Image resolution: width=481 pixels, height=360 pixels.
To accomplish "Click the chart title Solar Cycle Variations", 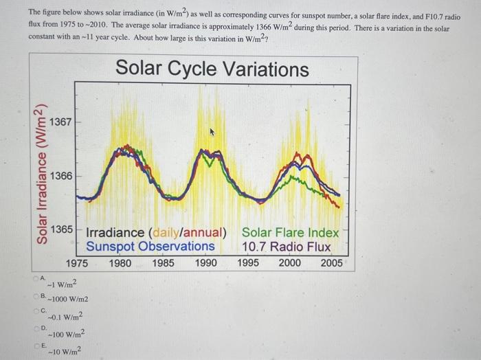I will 212,69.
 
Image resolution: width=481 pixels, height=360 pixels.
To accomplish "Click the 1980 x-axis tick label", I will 121,262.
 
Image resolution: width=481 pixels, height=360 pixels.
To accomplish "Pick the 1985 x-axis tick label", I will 164,262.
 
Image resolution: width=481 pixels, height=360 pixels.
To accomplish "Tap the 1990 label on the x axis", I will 206,262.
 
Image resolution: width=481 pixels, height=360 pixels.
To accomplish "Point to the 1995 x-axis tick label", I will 249,262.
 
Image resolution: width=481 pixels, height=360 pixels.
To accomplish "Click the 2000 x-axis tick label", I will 291,262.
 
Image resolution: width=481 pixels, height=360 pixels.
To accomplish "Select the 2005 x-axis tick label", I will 333,262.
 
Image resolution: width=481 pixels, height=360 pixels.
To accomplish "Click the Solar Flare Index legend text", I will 291,232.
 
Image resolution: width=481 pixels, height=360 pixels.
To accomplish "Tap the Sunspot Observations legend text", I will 150,247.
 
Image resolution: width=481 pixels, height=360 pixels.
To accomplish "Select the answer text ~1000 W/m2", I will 67,300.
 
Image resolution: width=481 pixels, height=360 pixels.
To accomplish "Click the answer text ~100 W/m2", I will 66,334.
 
